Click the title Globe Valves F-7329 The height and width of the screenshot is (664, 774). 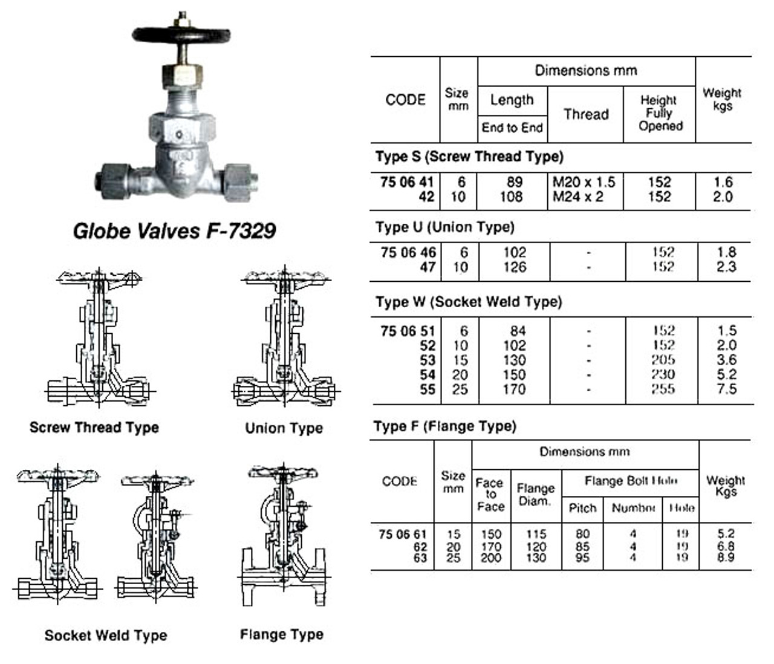[174, 230]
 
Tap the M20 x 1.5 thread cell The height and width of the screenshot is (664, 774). [584, 182]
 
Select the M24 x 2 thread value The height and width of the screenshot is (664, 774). [577, 197]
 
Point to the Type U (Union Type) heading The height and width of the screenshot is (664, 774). [444, 227]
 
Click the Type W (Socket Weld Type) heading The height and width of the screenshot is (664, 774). [468, 302]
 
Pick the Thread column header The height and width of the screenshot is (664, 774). [585, 114]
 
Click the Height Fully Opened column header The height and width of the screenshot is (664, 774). [660, 113]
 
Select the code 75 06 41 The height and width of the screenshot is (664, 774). [407, 182]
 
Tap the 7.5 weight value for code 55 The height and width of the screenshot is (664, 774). [726, 389]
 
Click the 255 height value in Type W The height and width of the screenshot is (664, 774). [663, 389]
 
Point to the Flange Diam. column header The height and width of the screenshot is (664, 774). [535, 495]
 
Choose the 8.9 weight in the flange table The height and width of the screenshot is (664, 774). [726, 558]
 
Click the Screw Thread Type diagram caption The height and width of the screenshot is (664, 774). [94, 428]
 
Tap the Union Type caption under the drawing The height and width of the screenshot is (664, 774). [284, 428]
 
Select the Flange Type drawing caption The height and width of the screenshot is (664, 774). [281, 634]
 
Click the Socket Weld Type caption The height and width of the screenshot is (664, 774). [106, 636]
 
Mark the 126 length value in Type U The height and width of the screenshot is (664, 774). [514, 267]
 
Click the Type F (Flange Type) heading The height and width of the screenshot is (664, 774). [444, 426]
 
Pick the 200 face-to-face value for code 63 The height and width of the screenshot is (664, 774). [491, 558]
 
